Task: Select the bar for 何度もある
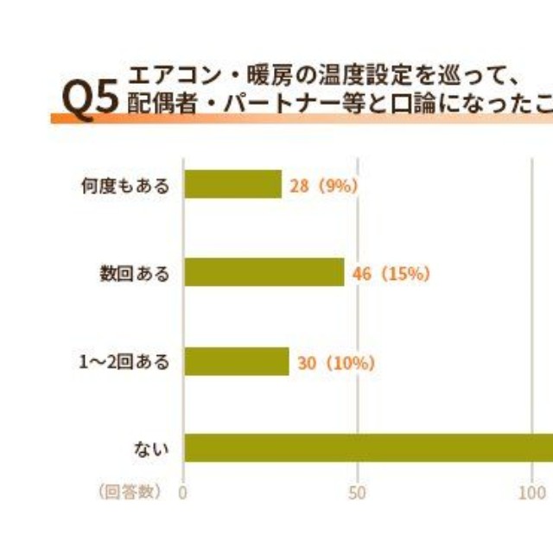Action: pyautogui.click(x=232, y=184)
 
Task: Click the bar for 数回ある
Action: pyautogui.click(x=264, y=272)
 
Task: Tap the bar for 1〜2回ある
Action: pyautogui.click(x=236, y=361)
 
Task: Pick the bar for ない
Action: pyautogui.click(x=368, y=448)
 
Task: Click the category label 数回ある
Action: pyautogui.click(x=134, y=273)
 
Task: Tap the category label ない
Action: pyautogui.click(x=151, y=448)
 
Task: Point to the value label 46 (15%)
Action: pyautogui.click(x=391, y=274)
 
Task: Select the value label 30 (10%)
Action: pyautogui.click(x=335, y=363)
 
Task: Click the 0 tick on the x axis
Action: pyautogui.click(x=183, y=493)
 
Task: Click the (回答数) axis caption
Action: pyautogui.click(x=130, y=493)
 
